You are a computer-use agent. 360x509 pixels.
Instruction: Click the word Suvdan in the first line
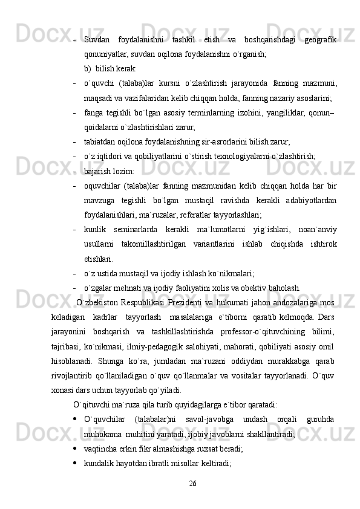pyautogui.click(x=97, y=39)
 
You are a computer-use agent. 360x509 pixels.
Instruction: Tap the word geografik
pyautogui.click(x=321, y=39)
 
